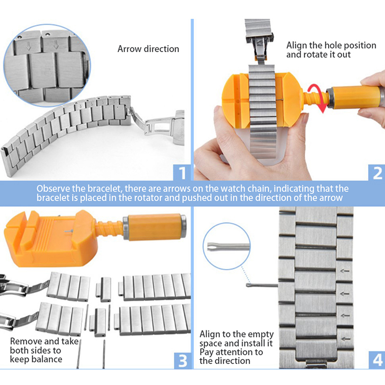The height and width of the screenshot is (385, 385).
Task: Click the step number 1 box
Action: pos(182,173)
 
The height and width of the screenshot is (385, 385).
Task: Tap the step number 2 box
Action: pos(377,173)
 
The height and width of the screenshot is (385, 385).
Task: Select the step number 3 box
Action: pos(182,360)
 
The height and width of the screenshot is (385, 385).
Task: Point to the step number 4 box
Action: pos(377,360)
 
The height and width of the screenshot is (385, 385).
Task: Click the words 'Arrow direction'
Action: pos(148,49)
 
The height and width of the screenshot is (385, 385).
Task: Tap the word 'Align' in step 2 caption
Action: pos(296,45)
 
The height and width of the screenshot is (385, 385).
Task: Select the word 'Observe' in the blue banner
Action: pos(53,189)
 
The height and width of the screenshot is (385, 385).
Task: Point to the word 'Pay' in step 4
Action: pos(206,352)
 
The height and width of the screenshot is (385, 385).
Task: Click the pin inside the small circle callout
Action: pos(228,246)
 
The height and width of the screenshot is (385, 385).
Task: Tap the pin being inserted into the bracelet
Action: pos(262,285)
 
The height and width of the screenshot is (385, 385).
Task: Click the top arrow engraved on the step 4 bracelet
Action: pos(345,271)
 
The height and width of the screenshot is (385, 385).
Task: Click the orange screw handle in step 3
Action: pos(154,227)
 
